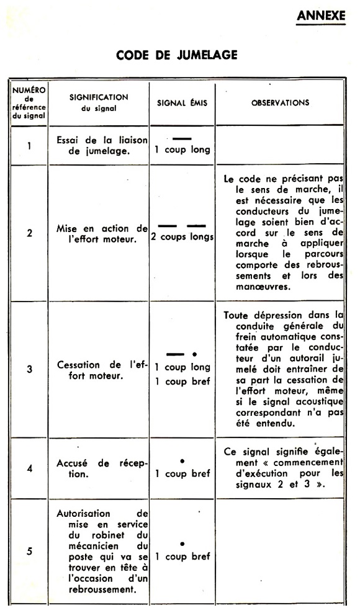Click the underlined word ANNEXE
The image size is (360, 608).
321,16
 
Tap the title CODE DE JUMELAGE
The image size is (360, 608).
177,55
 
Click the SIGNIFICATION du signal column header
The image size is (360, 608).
99,102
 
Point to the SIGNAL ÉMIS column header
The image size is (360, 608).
182,103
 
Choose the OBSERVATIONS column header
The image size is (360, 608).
280,103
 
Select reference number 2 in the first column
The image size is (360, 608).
29,236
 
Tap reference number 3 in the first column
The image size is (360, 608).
29,370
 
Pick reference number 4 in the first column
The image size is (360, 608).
29,468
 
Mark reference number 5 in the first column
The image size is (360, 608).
29,551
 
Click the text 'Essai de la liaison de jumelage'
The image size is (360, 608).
101,146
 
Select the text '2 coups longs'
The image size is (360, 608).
182,237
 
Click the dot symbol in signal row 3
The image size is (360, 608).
195,354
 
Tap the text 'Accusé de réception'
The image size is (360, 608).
101,468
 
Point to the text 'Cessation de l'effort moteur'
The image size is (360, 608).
101,370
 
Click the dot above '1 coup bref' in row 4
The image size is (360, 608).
182,461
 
